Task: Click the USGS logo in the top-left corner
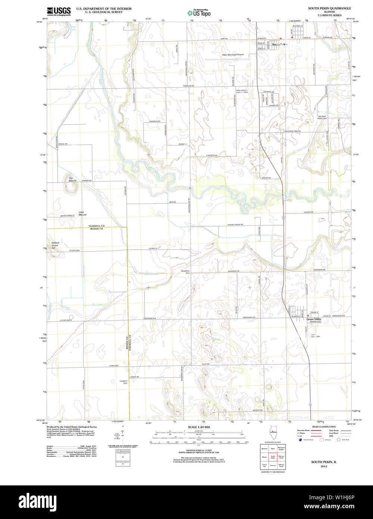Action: tap(59, 11)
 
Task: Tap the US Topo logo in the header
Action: tap(199, 13)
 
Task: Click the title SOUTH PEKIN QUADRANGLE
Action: tap(329, 8)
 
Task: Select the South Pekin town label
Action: tap(280, 45)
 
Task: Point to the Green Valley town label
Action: tap(314, 319)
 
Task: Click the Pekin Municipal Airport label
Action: tap(233, 55)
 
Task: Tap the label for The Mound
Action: tap(72, 179)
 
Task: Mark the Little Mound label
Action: tap(82, 214)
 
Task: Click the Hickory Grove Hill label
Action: tap(55, 245)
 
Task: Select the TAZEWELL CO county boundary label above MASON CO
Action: tap(96, 226)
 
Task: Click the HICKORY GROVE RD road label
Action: tap(235, 224)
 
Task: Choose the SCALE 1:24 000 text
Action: tap(199, 427)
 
